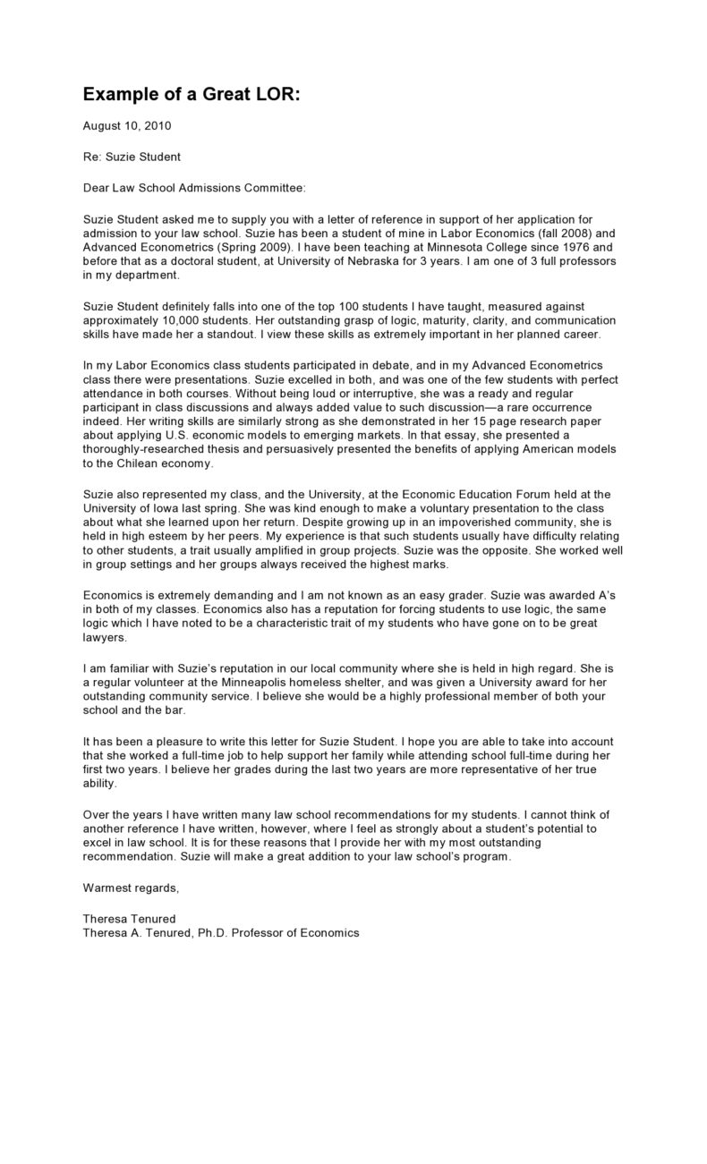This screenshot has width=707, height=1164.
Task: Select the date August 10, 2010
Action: coord(126,126)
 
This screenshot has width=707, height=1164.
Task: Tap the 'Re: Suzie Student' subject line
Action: coord(132,157)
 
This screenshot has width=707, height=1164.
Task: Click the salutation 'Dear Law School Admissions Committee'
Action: coord(194,187)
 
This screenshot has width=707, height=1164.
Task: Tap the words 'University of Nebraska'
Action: coord(329,260)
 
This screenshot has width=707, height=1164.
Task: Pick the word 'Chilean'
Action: coord(147,463)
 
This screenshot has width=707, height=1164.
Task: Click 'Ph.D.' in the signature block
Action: coord(212,932)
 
